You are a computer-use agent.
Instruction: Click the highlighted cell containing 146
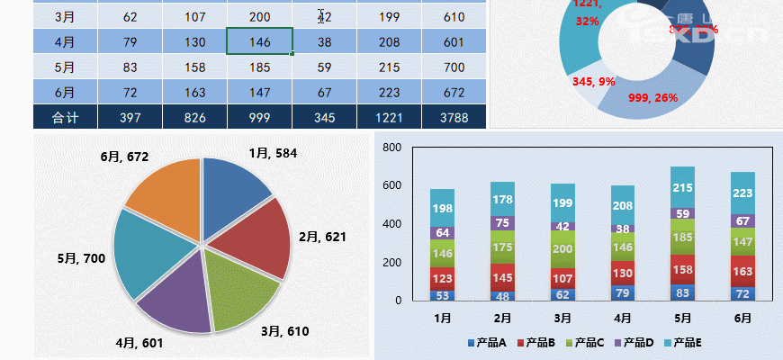pos(259,41)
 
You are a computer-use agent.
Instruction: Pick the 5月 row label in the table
pos(65,67)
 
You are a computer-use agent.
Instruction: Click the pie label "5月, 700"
pos(81,259)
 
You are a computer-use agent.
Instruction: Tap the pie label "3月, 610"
pos(284,331)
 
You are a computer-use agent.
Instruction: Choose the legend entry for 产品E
pos(684,343)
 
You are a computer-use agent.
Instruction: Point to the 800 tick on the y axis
pos(391,148)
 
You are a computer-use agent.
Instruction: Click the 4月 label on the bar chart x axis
pos(623,318)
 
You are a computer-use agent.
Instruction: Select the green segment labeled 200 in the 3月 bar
pos(562,249)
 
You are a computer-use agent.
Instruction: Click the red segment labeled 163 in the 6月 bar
pos(742,271)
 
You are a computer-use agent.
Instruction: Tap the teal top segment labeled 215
pos(683,187)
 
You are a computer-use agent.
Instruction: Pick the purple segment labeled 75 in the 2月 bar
pos(503,223)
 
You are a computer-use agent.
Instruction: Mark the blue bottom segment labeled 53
pos(442,295)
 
